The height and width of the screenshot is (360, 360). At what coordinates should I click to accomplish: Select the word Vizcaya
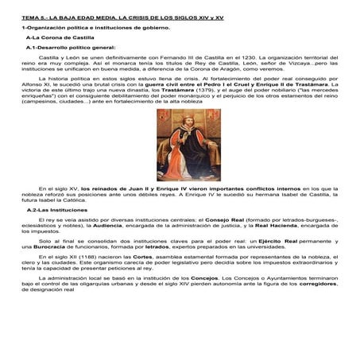[257, 64]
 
